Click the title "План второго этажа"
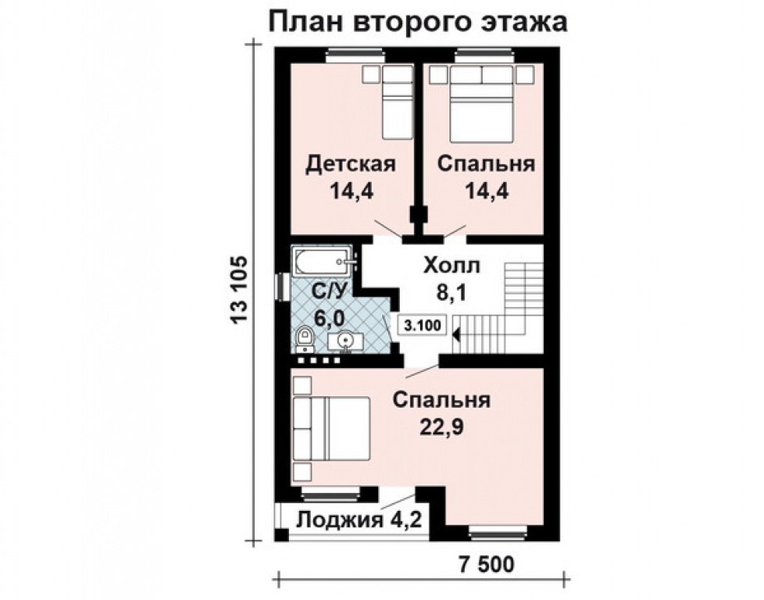(417, 21)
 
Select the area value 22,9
(441, 429)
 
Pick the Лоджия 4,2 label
(360, 520)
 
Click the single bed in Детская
(397, 102)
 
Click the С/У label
(329, 291)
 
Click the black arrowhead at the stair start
(456, 334)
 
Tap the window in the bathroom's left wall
(280, 285)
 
